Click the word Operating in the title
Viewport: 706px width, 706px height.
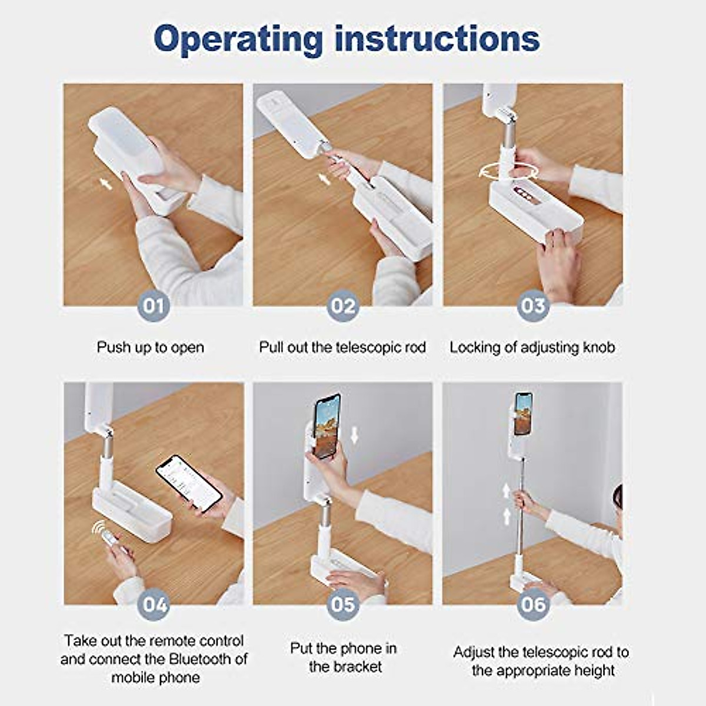click(238, 40)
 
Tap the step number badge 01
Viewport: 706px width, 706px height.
click(154, 305)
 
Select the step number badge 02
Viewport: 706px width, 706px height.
click(343, 305)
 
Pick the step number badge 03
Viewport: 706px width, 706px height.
click(533, 305)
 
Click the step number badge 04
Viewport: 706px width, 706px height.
click(154, 604)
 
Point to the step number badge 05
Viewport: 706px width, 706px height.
click(343, 604)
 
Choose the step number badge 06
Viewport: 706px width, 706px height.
click(533, 604)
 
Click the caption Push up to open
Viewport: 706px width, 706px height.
click(150, 347)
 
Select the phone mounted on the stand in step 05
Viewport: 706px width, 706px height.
click(327, 426)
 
